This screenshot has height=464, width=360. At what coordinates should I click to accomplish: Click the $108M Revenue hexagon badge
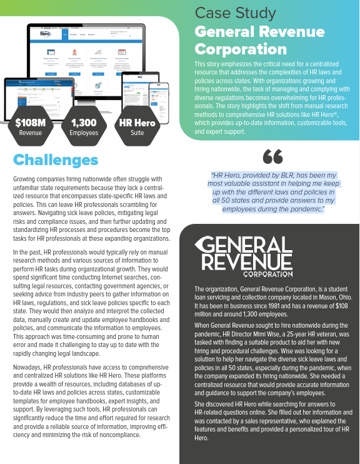point(30,126)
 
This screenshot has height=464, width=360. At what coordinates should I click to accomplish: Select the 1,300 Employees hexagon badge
point(83,126)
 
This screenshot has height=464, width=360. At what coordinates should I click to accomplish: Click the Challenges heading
point(56,160)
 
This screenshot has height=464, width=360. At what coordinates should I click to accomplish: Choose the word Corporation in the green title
point(241,49)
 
